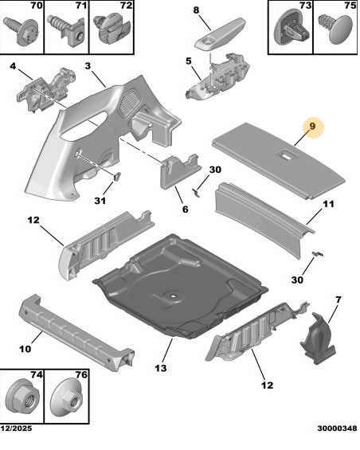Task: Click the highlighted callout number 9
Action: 311,127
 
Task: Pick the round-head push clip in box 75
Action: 335,29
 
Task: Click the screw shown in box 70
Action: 22,31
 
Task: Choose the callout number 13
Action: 160,368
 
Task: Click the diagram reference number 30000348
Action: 337,428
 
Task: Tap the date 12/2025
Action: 16,428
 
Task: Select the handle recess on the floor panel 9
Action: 285,156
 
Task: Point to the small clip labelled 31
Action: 117,177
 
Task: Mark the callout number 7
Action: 338,299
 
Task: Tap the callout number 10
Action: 25,349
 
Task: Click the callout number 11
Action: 328,204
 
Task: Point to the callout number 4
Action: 13,66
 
